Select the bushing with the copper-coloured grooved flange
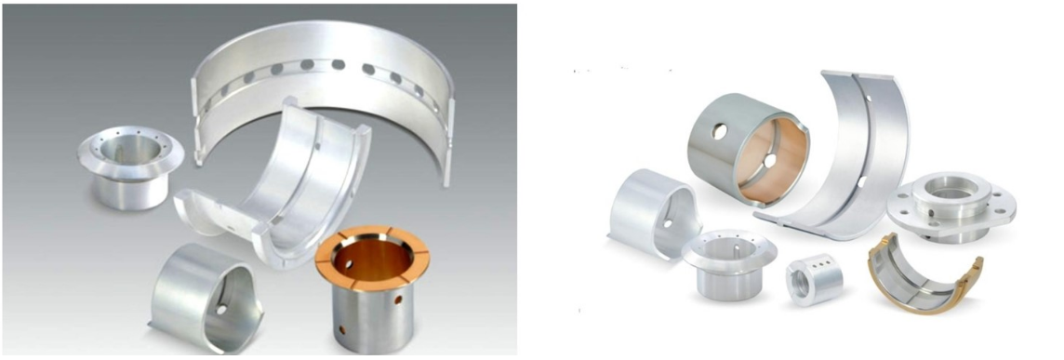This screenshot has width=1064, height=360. (x=372, y=298)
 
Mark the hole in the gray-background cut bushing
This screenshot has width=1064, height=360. (x=221, y=308)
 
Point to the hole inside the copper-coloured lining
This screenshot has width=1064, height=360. (x=769, y=160)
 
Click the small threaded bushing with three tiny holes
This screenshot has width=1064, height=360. (x=815, y=276)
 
